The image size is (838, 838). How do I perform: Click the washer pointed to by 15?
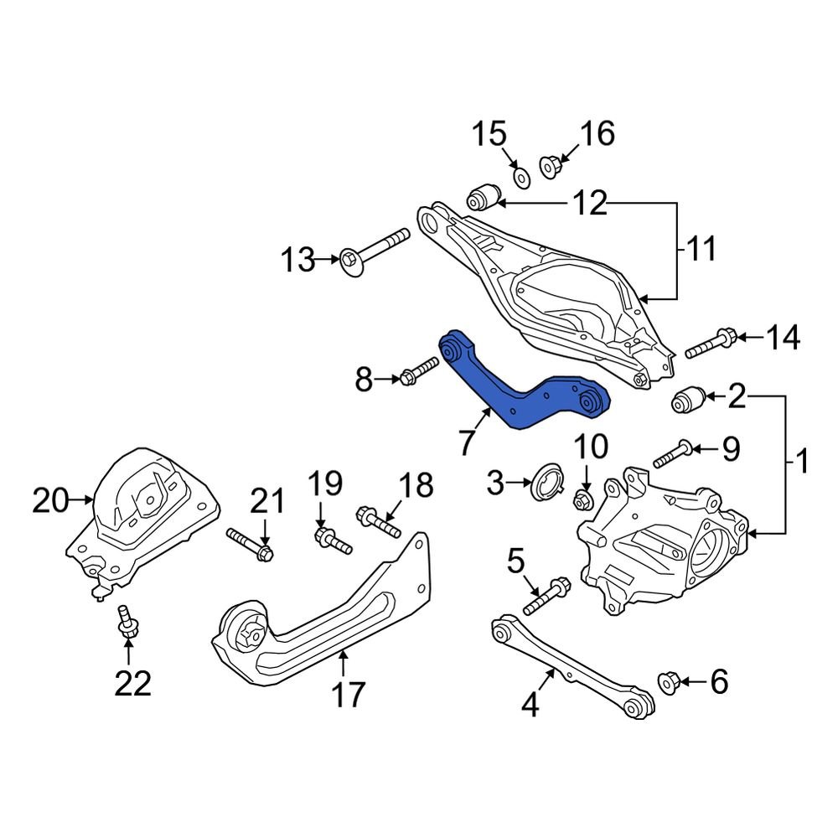(520, 176)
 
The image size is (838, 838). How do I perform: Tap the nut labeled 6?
(672, 682)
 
